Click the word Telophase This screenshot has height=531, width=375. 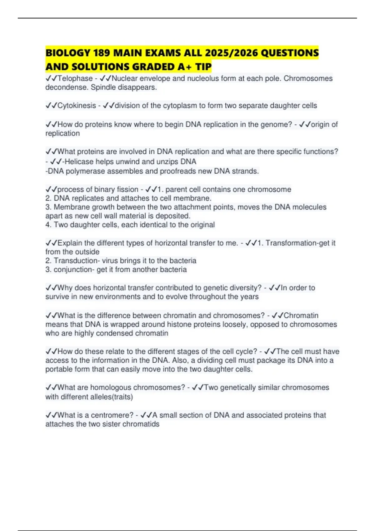[x=75, y=78]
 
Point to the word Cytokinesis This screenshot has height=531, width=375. [x=77, y=106]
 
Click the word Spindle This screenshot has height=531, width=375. [x=103, y=87]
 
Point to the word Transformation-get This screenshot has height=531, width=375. [x=297, y=243]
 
